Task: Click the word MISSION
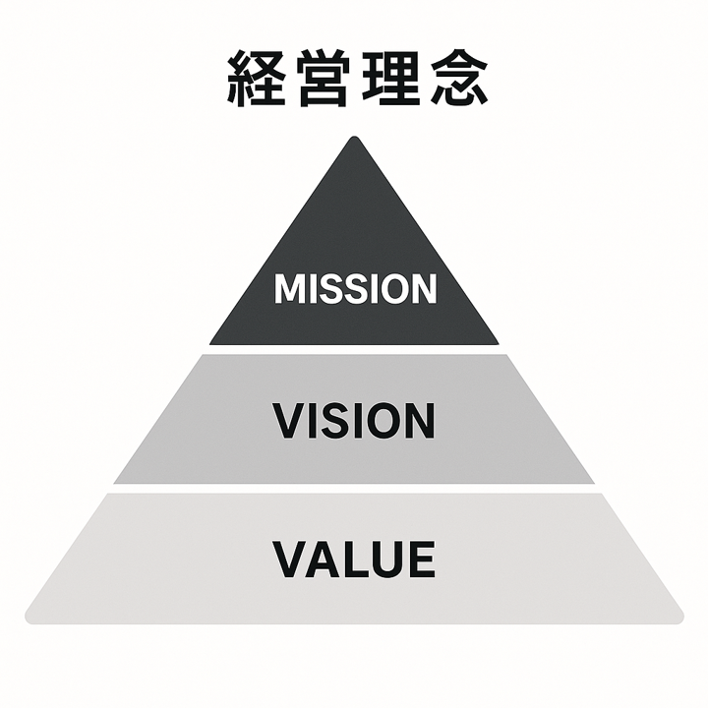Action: point(354,289)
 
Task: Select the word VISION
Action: point(354,421)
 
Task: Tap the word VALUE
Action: point(354,559)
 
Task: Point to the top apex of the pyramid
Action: point(354,139)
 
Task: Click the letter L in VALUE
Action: point(357,559)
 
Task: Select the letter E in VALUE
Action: point(419,559)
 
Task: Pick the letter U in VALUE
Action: point(387,559)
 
